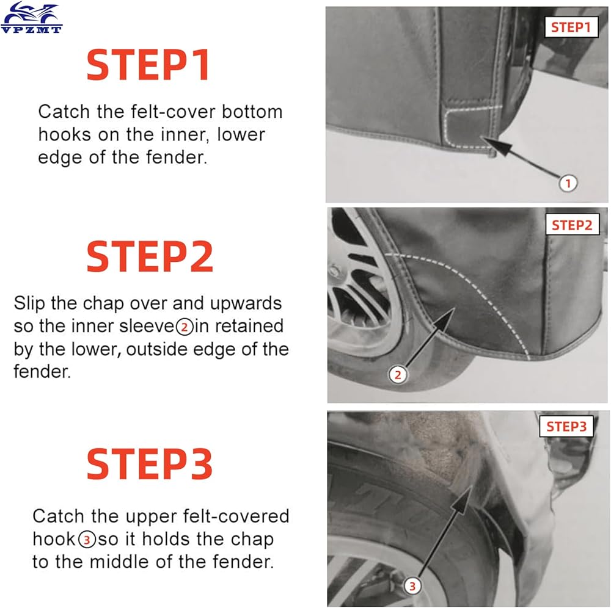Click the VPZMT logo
(31, 18)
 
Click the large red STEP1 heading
(148, 65)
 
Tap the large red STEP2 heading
(150, 256)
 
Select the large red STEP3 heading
(150, 463)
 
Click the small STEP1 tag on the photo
(571, 27)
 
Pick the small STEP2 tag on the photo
(572, 225)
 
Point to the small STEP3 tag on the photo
(566, 426)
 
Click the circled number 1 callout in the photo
(568, 183)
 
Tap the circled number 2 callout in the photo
(398, 375)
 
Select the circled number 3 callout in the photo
(412, 586)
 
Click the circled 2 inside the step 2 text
(185, 327)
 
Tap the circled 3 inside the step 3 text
(87, 540)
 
